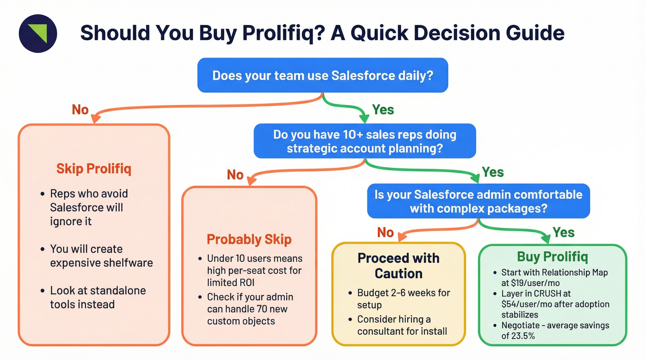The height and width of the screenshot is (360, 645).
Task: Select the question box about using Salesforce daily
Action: click(322, 75)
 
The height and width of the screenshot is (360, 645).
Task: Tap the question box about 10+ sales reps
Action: click(364, 141)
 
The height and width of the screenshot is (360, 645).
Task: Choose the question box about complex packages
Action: click(478, 201)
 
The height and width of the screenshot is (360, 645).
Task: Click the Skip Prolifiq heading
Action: click(94, 169)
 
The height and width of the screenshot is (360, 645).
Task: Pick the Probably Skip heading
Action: click(249, 239)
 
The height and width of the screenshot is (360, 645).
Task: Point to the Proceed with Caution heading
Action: click(399, 266)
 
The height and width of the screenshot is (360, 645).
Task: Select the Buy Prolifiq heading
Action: click(552, 257)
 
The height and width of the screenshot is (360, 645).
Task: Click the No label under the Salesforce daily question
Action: click(80, 109)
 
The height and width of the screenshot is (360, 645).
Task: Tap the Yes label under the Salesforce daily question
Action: click(383, 109)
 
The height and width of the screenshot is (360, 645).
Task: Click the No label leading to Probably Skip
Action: click(235, 175)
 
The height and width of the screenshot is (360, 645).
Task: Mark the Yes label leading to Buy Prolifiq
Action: click(563, 232)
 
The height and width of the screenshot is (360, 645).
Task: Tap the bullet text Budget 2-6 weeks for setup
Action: click(403, 299)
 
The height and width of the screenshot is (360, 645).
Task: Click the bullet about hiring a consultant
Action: click(402, 325)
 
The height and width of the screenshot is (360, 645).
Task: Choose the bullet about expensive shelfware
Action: click(101, 256)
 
